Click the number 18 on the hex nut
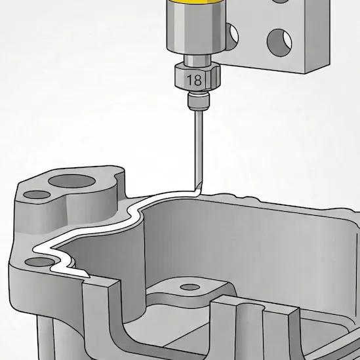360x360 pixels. pos(195,79)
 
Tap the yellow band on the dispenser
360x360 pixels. pos(196,2)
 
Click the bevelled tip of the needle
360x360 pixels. pos(198,187)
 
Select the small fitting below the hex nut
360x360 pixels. pos(199,100)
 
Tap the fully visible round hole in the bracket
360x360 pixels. pos(279,43)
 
